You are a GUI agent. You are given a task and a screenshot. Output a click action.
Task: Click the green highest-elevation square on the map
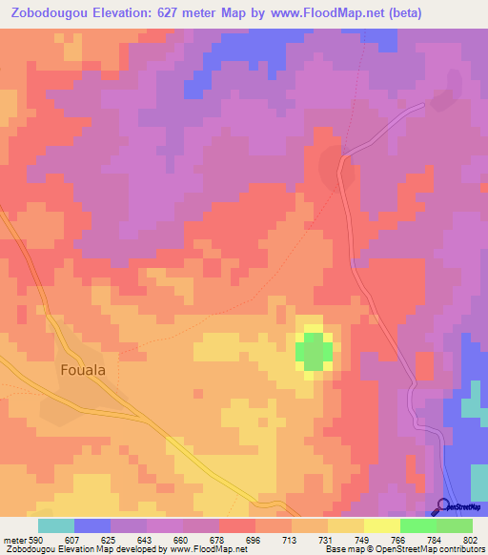(314, 352)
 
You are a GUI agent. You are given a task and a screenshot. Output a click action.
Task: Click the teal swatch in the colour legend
(56, 525)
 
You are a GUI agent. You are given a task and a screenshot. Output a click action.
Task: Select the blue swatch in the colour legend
(92, 525)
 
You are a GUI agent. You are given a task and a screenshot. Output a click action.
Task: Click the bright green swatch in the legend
(418, 525)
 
